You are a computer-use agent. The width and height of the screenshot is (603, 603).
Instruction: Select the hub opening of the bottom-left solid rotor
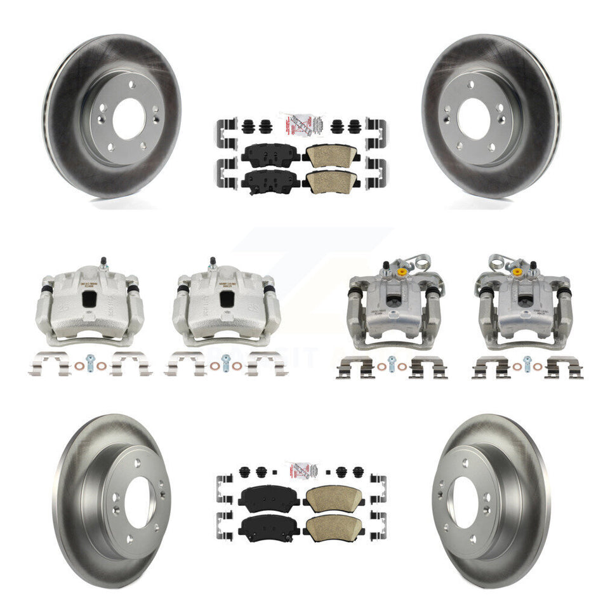[138, 501]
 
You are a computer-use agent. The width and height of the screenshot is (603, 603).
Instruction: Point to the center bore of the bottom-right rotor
[463, 501]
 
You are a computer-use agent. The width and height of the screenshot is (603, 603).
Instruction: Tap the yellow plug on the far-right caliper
[517, 272]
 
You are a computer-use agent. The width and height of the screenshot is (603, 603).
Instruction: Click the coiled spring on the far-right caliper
[543, 262]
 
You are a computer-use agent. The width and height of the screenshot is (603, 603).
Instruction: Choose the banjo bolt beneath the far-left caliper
[91, 366]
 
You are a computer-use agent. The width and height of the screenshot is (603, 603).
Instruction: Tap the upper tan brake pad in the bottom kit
[330, 495]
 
